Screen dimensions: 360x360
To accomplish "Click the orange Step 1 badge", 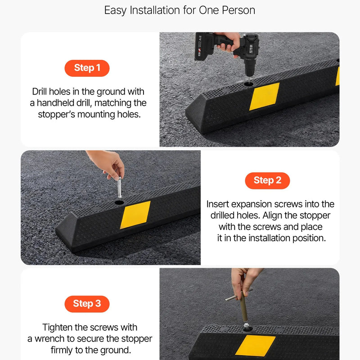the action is pyautogui.click(x=87, y=68).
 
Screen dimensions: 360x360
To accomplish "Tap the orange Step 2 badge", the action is pyautogui.click(x=267, y=181).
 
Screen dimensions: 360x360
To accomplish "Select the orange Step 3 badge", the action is pyautogui.click(x=87, y=304).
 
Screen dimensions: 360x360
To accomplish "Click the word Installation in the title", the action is pyautogui.click(x=154, y=10).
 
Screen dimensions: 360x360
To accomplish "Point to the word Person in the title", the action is pyautogui.click(x=238, y=10).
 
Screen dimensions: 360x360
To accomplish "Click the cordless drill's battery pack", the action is pyautogui.click(x=202, y=46).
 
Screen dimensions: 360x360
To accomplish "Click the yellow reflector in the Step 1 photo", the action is pyautogui.click(x=264, y=96).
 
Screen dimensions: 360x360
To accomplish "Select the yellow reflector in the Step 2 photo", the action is pyautogui.click(x=135, y=215).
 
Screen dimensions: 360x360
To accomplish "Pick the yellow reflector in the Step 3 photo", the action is pyautogui.click(x=255, y=346).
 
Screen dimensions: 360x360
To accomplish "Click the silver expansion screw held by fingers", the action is pyautogui.click(x=120, y=187).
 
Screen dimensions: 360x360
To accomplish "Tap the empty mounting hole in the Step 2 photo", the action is pyautogui.click(x=119, y=202).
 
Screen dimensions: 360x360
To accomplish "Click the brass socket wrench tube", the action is pyautogui.click(x=244, y=306).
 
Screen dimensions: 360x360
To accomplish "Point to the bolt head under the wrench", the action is pyautogui.click(x=247, y=325).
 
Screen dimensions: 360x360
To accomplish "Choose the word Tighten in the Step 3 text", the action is pyautogui.click(x=57, y=328).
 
